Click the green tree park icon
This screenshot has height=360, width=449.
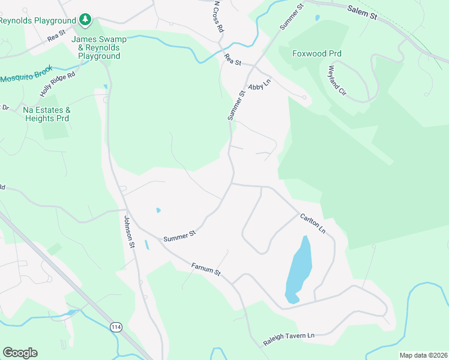tap(86, 20)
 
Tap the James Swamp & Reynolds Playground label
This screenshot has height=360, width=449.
tap(99, 47)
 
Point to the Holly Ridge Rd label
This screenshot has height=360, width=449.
tap(58, 84)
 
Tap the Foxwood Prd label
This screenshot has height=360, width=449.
tap(317, 53)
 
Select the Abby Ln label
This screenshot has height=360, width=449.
tap(260, 85)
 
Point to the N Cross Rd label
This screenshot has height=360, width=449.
tap(218, 16)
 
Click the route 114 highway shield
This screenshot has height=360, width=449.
tap(116, 327)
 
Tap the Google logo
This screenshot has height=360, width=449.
tap(20, 353)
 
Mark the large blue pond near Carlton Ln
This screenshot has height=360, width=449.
tap(298, 268)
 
